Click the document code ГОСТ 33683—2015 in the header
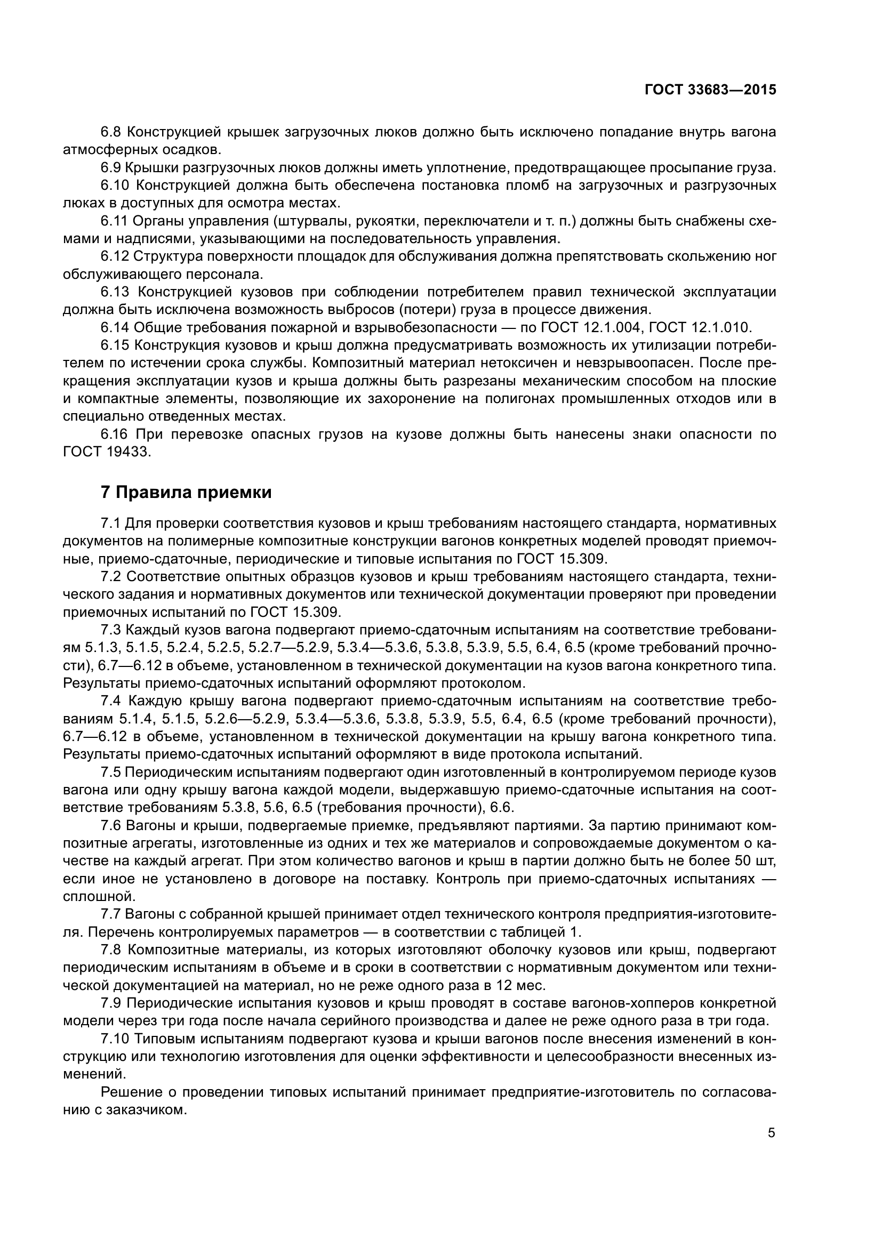point(710,90)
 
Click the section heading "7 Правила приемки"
point(186,492)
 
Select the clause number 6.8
point(114,132)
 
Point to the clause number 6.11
point(115,221)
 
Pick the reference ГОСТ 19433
point(106,452)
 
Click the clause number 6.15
point(115,345)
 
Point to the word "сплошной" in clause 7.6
point(99,897)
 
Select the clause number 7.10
point(115,1039)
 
